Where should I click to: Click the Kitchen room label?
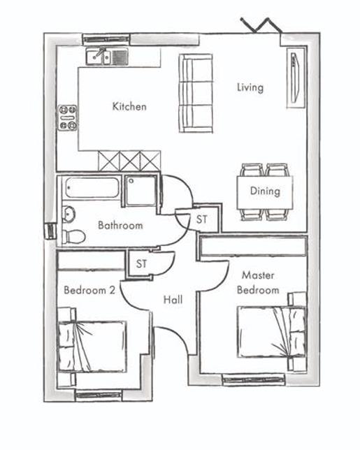click(x=129, y=107)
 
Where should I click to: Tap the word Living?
click(x=250, y=87)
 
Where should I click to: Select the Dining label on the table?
click(x=264, y=191)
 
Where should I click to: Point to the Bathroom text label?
click(x=120, y=226)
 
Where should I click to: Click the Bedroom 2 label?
click(x=89, y=290)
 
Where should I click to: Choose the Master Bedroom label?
click(x=258, y=283)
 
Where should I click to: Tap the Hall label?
click(x=173, y=300)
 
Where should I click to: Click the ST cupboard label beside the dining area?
click(x=202, y=219)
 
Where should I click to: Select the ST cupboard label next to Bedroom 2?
click(x=142, y=263)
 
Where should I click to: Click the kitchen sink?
click(x=107, y=56)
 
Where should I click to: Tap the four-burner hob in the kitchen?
click(x=68, y=118)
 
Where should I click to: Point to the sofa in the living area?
click(x=196, y=94)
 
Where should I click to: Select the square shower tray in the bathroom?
click(x=141, y=191)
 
